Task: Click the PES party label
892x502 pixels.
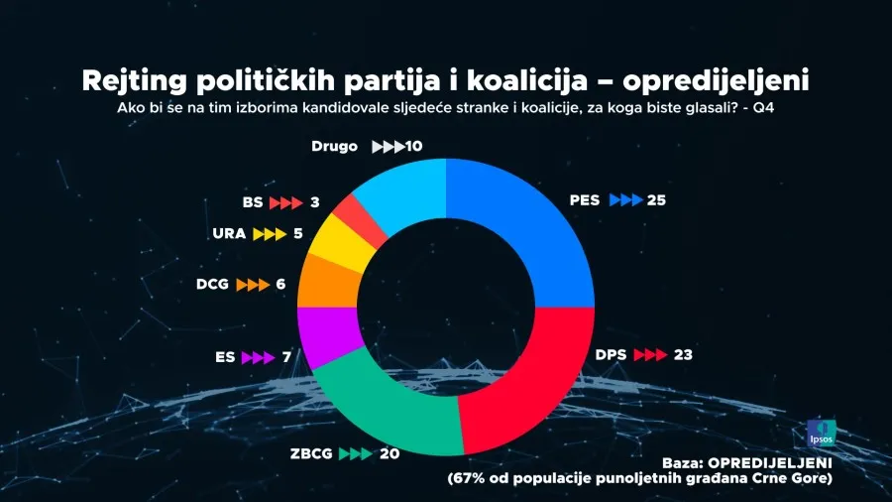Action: click(x=585, y=200)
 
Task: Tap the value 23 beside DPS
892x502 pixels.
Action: click(x=683, y=354)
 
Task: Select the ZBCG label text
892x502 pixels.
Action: click(x=311, y=453)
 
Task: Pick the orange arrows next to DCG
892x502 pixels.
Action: click(x=252, y=284)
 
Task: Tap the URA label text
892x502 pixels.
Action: click(x=229, y=235)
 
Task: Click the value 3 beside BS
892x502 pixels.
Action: click(x=314, y=202)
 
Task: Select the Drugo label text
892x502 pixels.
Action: click(x=334, y=147)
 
